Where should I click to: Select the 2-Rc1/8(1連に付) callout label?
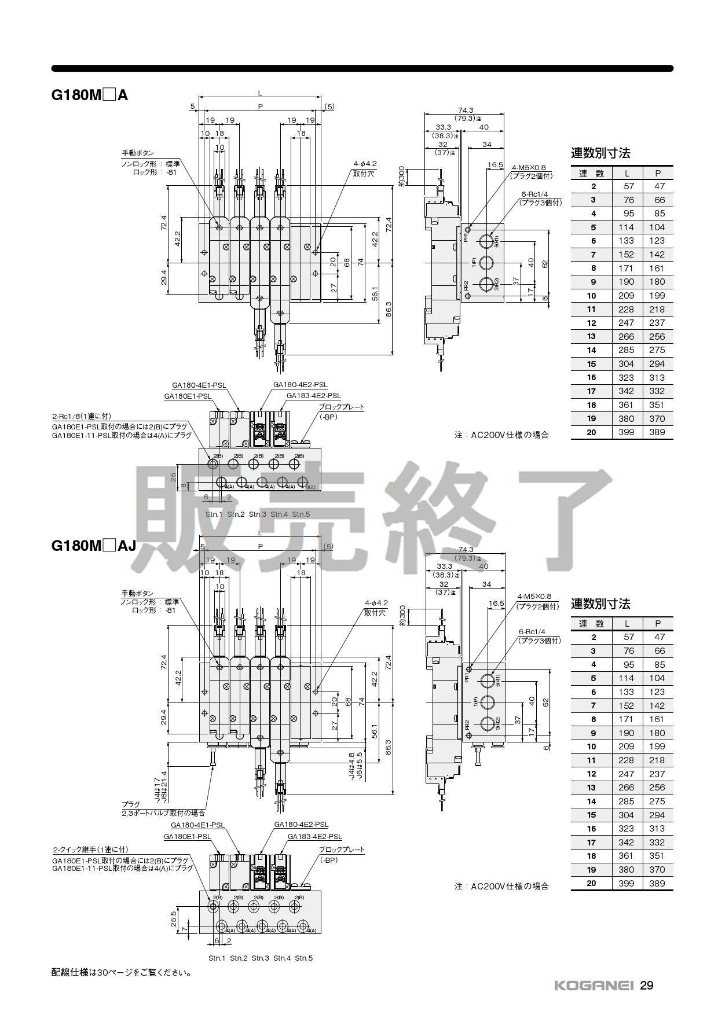point(81,416)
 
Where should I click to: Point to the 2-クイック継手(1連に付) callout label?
point(90,849)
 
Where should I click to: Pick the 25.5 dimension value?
point(174,918)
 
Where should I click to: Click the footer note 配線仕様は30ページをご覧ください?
point(122,973)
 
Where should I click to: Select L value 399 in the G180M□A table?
point(626,432)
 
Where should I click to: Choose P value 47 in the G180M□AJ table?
point(658,637)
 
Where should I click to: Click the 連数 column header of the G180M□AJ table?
point(591,623)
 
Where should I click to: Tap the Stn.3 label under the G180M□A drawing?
point(258,514)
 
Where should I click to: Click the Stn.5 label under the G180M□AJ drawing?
point(303,958)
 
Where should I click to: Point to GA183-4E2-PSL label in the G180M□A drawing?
point(313,396)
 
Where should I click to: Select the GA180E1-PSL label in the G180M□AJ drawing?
point(187,837)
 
